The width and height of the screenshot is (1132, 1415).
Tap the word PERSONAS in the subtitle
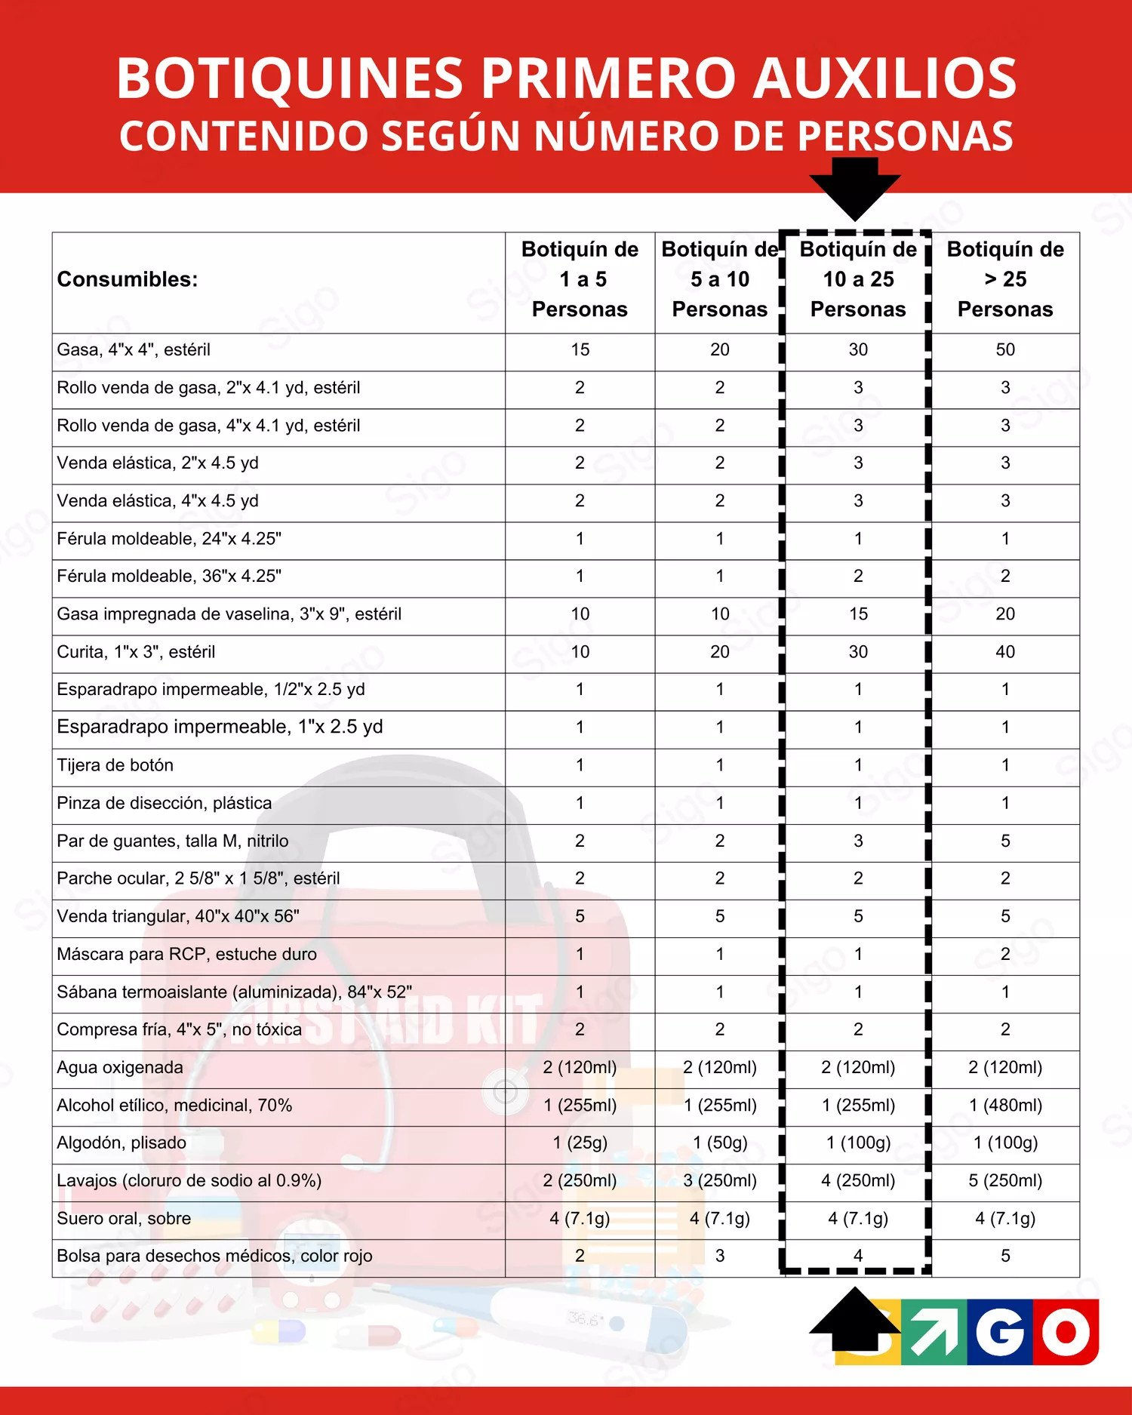pyautogui.click(x=905, y=137)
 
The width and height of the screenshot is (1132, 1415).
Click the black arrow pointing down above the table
pyautogui.click(x=855, y=188)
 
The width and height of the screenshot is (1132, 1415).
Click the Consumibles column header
pyautogui.click(x=128, y=279)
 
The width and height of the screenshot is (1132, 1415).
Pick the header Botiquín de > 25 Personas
pyautogui.click(x=1005, y=279)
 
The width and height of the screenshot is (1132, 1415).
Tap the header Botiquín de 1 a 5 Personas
pyautogui.click(x=580, y=279)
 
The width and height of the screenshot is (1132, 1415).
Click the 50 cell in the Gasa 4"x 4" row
pyautogui.click(x=1005, y=349)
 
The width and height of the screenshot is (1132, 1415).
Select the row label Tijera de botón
pyautogui.click(x=115, y=765)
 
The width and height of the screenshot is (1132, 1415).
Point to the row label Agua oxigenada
pyautogui.click(x=120, y=1067)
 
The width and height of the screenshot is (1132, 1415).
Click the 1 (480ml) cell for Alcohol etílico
pyautogui.click(x=1005, y=1105)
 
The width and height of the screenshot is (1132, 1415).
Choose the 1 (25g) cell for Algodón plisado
pyautogui.click(x=580, y=1143)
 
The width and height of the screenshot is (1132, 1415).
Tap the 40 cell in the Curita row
pyautogui.click(x=1005, y=651)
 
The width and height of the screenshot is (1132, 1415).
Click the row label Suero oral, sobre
pyautogui.click(x=124, y=1218)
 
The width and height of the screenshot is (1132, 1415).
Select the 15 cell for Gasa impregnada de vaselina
pyautogui.click(x=858, y=614)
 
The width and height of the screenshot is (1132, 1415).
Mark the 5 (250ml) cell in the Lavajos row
pyautogui.click(x=1005, y=1180)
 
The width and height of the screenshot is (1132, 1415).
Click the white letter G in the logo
pyautogui.click(x=999, y=1332)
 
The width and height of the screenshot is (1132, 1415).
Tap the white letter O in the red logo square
pyautogui.click(x=1066, y=1332)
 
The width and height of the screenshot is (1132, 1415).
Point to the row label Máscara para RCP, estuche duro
pyautogui.click(x=186, y=954)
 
